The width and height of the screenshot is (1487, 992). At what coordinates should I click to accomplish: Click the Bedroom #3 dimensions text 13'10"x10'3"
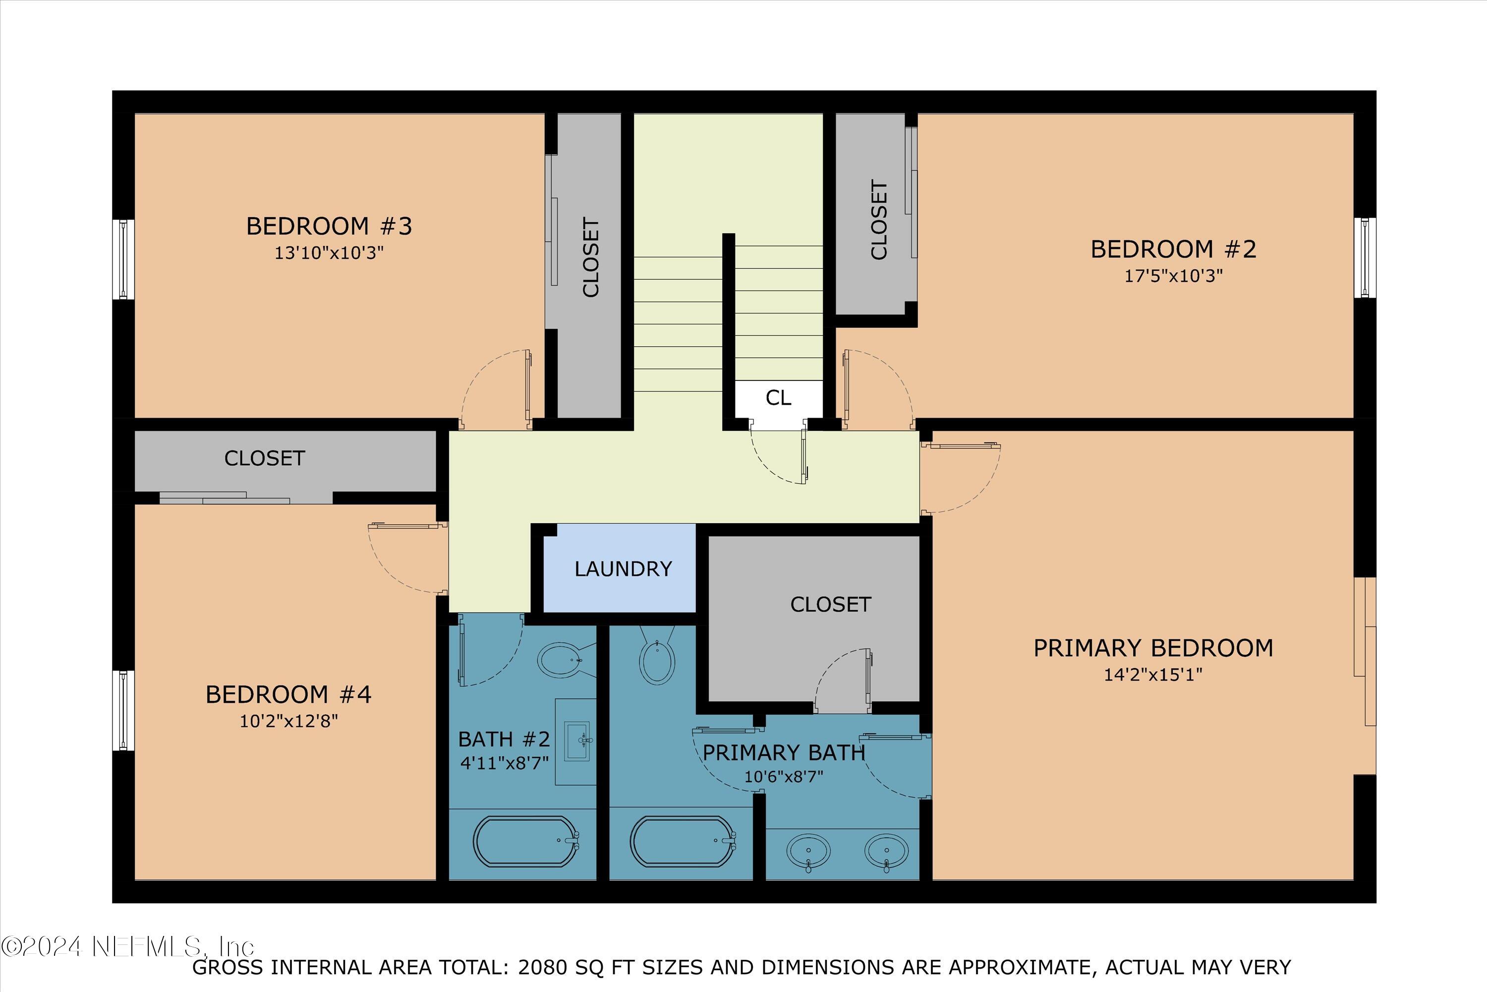point(329,253)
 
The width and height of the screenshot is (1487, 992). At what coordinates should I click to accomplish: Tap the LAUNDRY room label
point(623,569)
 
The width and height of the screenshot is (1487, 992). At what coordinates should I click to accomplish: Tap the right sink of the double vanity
point(886,852)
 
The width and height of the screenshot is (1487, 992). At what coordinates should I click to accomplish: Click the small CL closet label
point(778,398)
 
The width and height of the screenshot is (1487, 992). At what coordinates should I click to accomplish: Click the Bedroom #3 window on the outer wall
point(123,259)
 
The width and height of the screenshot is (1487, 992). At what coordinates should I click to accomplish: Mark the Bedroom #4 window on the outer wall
point(123,710)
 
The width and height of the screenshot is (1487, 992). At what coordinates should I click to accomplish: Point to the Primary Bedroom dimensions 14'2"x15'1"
point(1152,675)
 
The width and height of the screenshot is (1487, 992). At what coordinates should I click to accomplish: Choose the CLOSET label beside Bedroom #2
point(879,220)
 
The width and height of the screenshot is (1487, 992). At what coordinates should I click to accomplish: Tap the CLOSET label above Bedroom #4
point(264,458)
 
